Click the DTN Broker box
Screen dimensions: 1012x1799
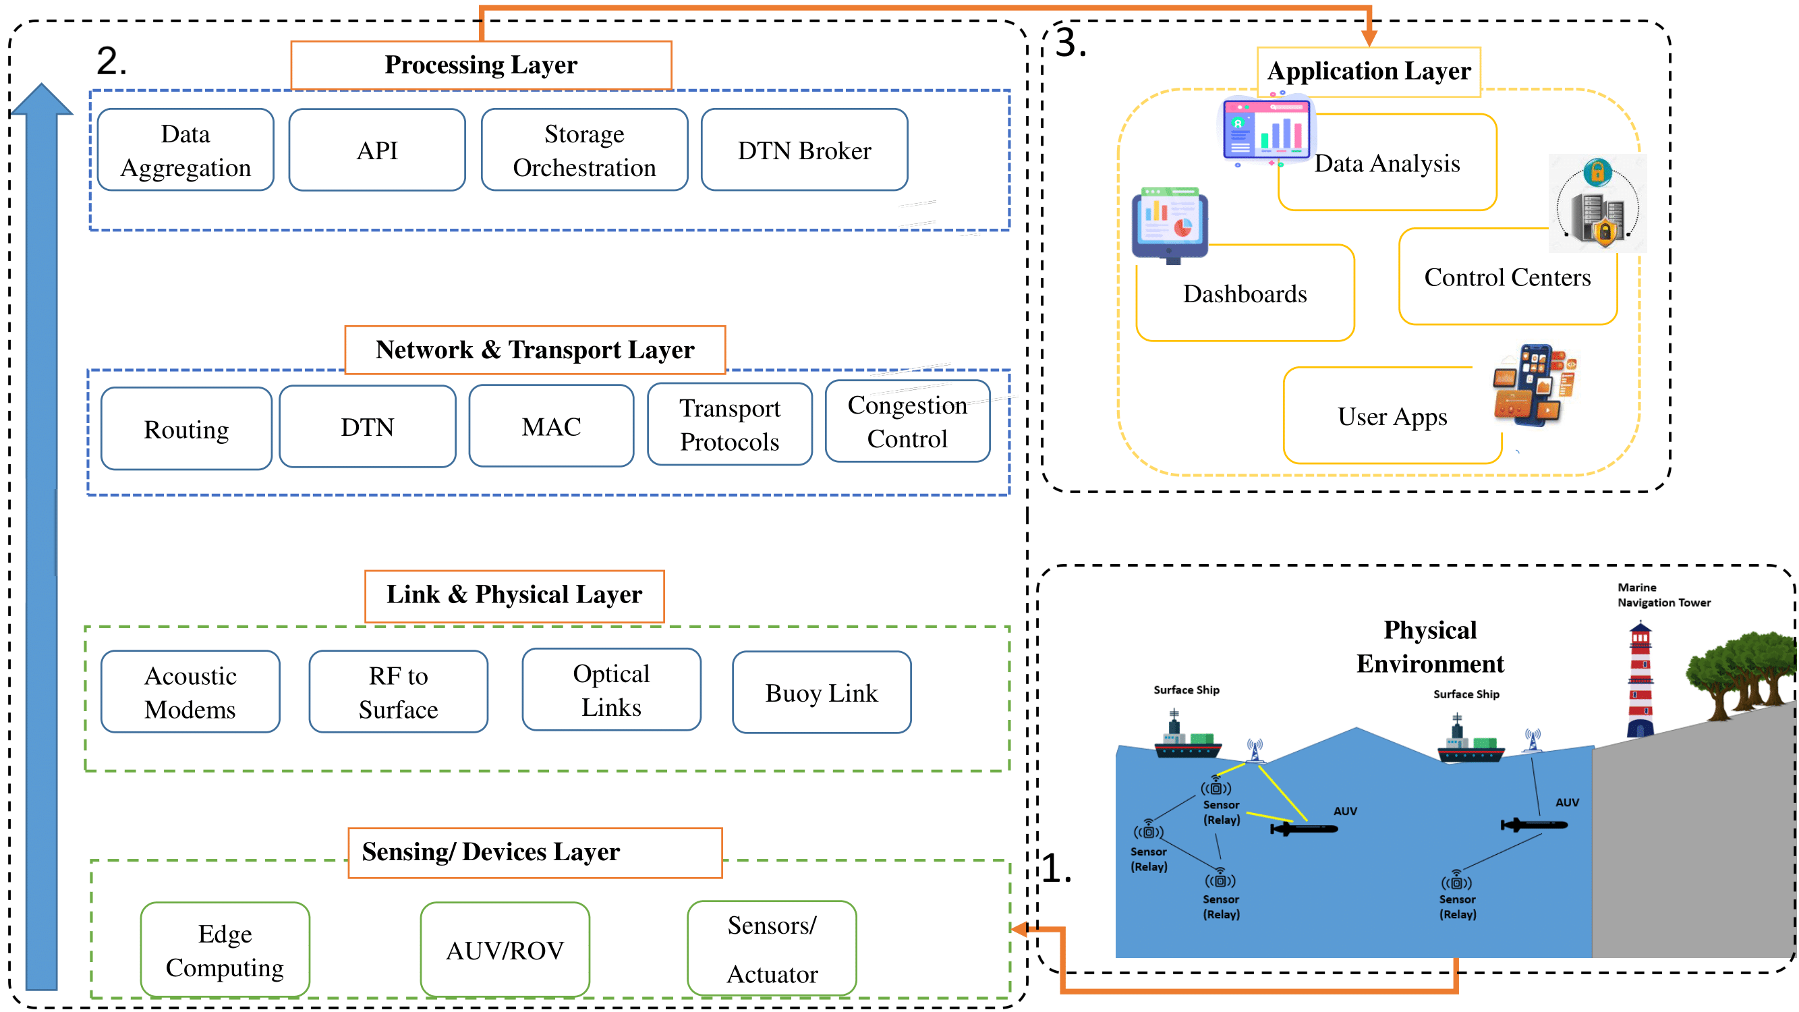(804, 150)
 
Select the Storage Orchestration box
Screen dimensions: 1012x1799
(584, 150)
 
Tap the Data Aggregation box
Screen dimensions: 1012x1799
(185, 150)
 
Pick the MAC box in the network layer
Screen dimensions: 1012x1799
(551, 426)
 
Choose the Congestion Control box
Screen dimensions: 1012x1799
(907, 421)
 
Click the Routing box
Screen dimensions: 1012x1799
(185, 429)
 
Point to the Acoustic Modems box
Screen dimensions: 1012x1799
(190, 692)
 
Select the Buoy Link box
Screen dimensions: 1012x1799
(822, 693)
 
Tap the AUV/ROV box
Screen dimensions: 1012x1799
(505, 950)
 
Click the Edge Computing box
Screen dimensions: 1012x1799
(225, 950)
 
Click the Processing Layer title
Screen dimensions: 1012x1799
(480, 65)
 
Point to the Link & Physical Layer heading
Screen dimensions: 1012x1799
(514, 595)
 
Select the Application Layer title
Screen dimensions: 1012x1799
(1368, 72)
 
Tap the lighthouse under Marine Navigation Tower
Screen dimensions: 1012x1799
(1640, 680)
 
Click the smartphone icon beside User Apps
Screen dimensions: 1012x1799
(1535, 384)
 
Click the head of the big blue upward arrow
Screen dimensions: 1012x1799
(42, 101)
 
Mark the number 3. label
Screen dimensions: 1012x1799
(1070, 43)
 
